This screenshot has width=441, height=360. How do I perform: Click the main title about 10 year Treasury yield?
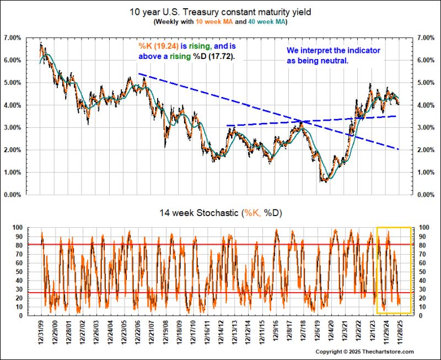220,12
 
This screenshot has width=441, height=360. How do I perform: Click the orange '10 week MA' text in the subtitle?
214,22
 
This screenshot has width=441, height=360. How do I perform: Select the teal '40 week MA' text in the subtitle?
267,22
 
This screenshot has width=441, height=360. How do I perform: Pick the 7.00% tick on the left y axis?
13,37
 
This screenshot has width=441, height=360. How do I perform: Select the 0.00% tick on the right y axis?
426,195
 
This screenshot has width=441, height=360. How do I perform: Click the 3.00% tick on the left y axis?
13,127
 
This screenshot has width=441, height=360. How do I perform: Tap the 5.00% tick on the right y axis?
426,83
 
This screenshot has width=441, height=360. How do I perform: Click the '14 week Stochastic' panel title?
199,213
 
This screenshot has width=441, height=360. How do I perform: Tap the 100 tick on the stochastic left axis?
17,227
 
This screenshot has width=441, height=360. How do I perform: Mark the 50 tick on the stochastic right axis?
422,272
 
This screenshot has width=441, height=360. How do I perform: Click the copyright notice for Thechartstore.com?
364,352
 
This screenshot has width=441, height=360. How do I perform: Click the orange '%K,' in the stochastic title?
253,213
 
